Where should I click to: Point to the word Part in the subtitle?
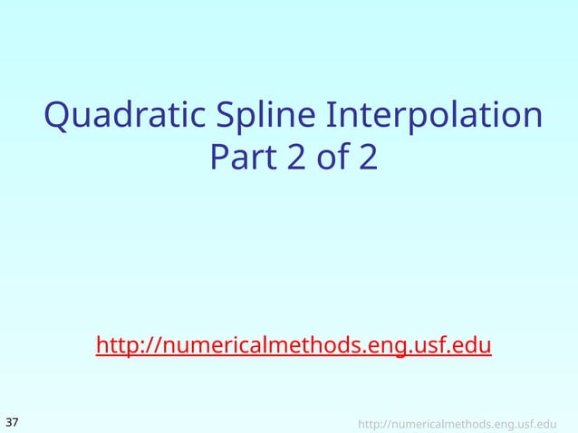pos(242,159)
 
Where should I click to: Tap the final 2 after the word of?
pos(367,159)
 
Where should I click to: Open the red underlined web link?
pos(294,346)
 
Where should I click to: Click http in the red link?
pos(115,346)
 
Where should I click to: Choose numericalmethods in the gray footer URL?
pos(441,423)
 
